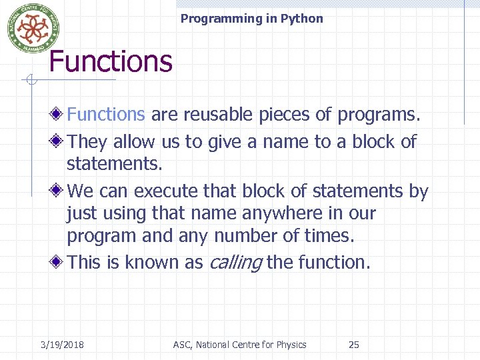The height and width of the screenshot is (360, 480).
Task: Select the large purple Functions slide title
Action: click(x=111, y=61)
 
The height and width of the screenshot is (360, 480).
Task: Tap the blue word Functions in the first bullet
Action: click(x=106, y=115)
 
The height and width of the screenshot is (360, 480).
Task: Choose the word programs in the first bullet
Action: click(x=378, y=115)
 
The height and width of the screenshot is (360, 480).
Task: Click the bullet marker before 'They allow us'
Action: click(x=59, y=142)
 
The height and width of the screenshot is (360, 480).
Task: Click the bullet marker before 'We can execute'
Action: click(x=59, y=191)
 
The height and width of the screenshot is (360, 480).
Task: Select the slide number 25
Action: click(x=354, y=345)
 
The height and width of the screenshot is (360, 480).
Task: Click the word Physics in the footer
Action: click(x=290, y=345)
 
